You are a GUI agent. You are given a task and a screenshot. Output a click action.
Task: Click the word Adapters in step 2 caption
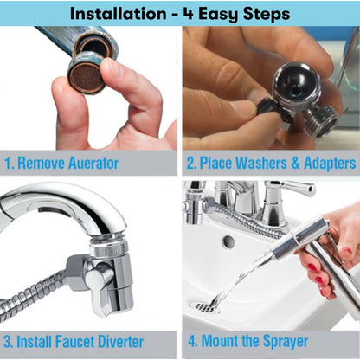(x=325, y=163)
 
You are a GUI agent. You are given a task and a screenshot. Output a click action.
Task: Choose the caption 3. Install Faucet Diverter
(x=73, y=341)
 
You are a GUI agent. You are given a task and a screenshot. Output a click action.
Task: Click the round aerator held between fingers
(x=87, y=73)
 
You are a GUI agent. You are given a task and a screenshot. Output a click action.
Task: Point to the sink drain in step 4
(x=204, y=305)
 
